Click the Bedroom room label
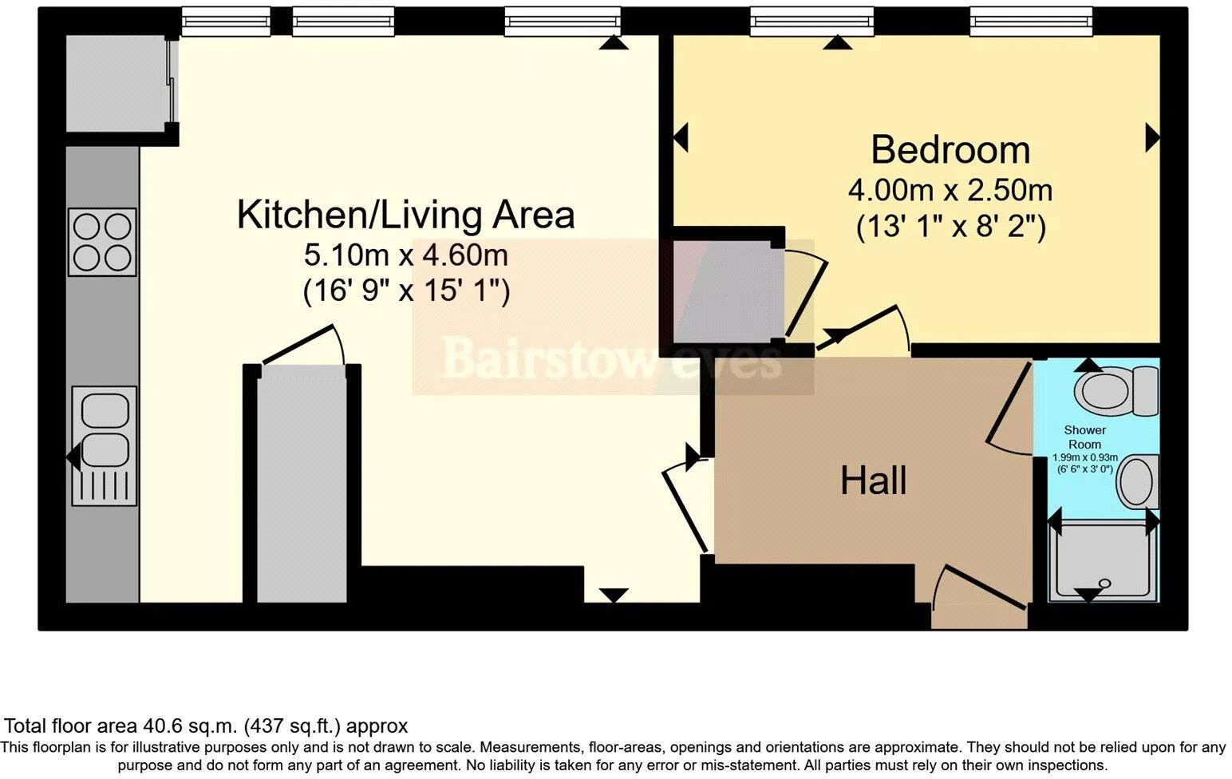950,149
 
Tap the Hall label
874,480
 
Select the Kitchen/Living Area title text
406,215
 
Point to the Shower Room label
1084,437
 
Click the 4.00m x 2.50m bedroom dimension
950,190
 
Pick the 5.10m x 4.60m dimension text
406,255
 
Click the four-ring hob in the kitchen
102,242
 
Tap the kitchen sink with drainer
104,446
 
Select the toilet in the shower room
1116,390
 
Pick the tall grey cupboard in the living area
302,486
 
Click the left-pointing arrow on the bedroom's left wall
681,137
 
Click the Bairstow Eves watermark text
611,358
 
